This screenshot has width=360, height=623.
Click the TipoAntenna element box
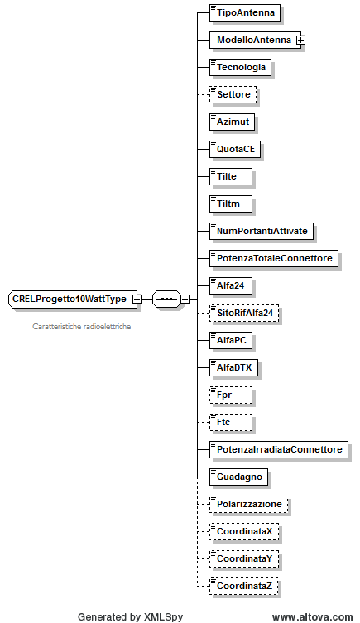coord(245,12)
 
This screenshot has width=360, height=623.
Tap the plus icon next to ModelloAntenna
coord(301,41)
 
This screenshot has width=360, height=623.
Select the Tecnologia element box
coord(240,67)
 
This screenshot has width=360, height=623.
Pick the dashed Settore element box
coord(233,94)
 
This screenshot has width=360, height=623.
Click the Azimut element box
coord(233,122)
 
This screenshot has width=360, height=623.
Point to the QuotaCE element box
coord(235,150)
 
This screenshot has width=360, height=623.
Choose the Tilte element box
coord(231,176)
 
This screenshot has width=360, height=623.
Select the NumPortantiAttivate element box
coord(262,231)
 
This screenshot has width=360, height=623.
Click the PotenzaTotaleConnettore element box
coord(274,259)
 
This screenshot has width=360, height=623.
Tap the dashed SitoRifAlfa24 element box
coord(244,313)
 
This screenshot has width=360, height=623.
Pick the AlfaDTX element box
coord(233,368)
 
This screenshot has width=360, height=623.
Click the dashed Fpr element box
coord(231,395)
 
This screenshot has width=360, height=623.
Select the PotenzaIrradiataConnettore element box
coord(279,450)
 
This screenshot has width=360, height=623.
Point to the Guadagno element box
coord(239,477)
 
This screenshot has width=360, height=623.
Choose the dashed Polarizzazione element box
coord(249,504)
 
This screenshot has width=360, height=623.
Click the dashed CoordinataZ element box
coord(244,586)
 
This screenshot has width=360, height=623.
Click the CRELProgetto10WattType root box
coord(73,300)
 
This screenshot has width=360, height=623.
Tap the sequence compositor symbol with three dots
coord(166,300)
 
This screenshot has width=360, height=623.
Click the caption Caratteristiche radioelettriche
coord(82,327)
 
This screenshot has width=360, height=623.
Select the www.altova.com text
coord(312,617)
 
